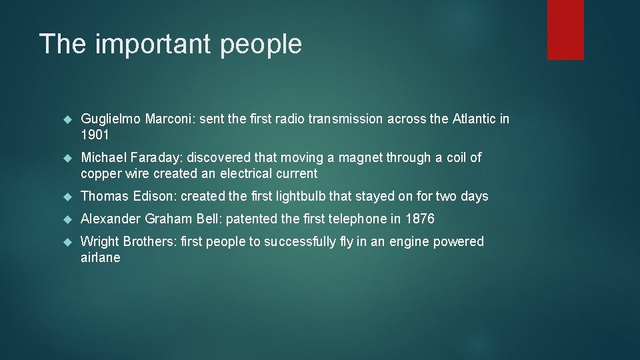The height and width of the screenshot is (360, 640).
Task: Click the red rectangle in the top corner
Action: tap(565, 29)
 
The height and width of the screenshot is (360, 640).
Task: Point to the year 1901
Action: tap(96, 135)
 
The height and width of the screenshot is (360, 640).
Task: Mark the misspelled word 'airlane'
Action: tap(101, 258)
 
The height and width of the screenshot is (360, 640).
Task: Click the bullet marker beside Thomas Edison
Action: tap(66, 197)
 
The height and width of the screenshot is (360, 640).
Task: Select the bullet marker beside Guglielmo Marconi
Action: tap(66, 119)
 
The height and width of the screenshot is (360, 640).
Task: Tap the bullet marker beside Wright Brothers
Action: tap(66, 242)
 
